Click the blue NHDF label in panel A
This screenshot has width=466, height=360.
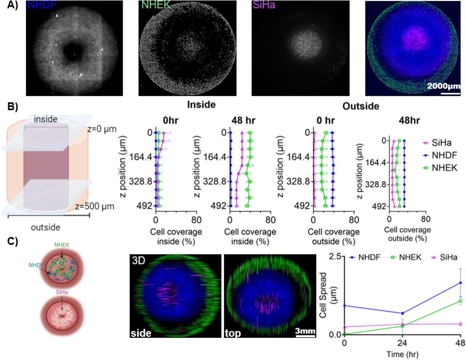coord(42,5)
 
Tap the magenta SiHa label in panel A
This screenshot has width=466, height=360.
coord(264,5)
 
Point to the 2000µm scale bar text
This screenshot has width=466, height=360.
coord(443,86)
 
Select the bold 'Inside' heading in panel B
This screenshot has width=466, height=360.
coord(201,105)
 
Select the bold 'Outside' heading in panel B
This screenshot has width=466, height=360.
coord(360,106)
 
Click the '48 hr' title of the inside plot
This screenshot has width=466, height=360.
coord(243,121)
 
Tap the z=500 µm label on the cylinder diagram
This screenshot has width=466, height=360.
coord(95,206)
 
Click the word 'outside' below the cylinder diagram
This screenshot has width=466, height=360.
coord(46,227)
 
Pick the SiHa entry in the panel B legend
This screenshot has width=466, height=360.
coord(441,143)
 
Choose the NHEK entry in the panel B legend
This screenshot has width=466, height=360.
coord(444,168)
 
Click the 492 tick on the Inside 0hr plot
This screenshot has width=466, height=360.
coord(145,206)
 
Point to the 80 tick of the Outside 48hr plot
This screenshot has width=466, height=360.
coord(426,219)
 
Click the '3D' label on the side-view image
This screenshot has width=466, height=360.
coord(138,261)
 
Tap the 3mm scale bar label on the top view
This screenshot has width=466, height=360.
coord(305,331)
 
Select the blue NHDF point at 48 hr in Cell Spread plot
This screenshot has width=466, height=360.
coord(461,283)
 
